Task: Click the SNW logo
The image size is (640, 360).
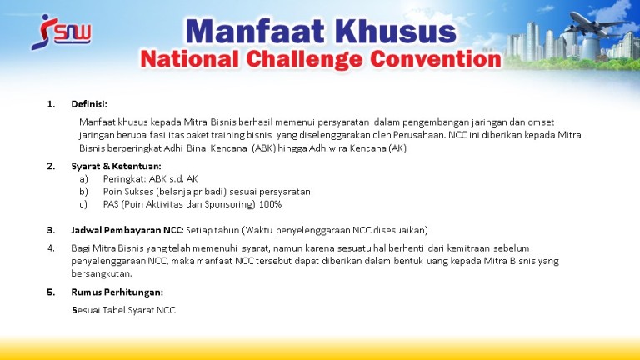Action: pos(61,32)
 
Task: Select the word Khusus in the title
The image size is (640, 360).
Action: pos(396,32)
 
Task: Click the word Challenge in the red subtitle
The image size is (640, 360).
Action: pos(304,60)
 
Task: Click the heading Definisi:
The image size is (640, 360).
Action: pos(89,104)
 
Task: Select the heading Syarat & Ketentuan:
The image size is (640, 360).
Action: pos(116,166)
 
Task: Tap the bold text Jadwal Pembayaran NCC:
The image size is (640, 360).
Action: pos(127,230)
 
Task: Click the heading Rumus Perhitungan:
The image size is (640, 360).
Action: pos(117,292)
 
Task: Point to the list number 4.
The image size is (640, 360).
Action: pos(51,248)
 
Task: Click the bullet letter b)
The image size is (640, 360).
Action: pos(83,192)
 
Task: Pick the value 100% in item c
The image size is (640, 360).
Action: pos(270,204)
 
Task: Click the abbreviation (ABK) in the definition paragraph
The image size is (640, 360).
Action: pos(263,148)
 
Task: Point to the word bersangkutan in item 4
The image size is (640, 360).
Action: pos(102,273)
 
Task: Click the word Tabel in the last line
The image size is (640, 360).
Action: pos(114,310)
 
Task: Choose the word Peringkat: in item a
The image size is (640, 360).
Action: pos(124,179)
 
